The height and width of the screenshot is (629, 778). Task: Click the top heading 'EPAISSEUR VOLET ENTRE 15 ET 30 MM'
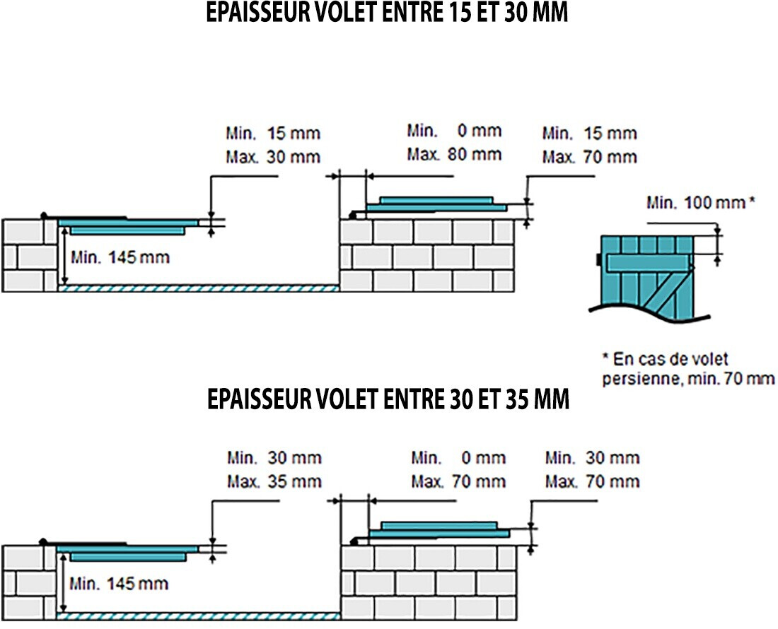tap(387, 13)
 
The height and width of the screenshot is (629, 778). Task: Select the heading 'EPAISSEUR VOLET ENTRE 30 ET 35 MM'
tap(388, 399)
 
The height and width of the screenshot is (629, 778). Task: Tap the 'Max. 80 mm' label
tap(454, 154)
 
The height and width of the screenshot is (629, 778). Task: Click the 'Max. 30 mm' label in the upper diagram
tap(273, 156)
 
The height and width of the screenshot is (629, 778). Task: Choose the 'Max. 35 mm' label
tap(274, 482)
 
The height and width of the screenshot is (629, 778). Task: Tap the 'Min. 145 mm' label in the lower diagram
tap(118, 584)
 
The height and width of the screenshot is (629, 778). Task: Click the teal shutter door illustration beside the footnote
tap(645, 276)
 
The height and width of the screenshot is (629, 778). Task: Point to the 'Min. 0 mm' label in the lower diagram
tap(458, 458)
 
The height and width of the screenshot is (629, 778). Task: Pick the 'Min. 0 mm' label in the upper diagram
tap(454, 131)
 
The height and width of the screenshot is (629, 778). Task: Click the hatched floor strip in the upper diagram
tap(199, 288)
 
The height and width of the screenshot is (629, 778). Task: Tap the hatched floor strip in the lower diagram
tap(199, 615)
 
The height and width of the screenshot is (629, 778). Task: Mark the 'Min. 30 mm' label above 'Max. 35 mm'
tap(274, 458)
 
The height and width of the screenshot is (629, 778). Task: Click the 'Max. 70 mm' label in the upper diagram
tap(590, 156)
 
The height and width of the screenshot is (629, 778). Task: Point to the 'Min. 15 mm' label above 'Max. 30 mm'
tap(273, 133)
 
